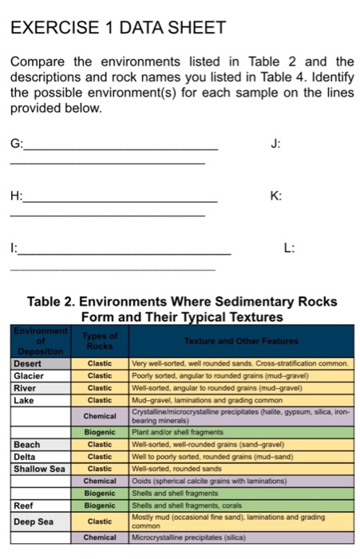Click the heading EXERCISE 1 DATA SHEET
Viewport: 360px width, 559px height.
[x=118, y=27]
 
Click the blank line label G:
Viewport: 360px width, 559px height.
[x=16, y=145]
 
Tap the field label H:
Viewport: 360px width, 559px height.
[x=16, y=196]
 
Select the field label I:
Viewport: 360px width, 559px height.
[x=13, y=248]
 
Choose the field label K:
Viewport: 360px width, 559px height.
[x=277, y=196]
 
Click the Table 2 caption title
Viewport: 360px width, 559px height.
[x=182, y=309]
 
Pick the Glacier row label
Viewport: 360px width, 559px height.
[x=30, y=376]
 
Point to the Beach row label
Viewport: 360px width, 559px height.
[x=27, y=444]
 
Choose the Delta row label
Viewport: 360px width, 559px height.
[x=26, y=456]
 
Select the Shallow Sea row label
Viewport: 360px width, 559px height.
[x=39, y=468]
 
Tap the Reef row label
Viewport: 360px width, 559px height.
[x=24, y=505]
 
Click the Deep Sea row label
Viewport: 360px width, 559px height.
[x=34, y=521]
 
